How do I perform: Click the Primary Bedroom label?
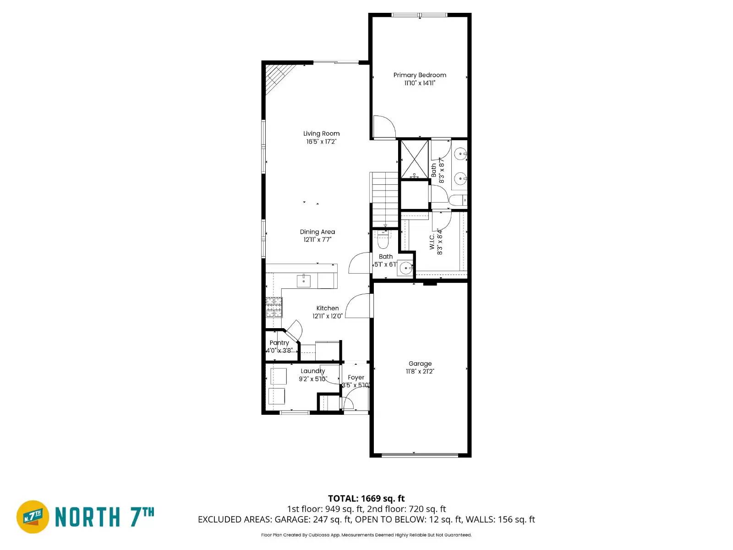click(x=419, y=75)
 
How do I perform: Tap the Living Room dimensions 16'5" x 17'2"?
click(x=321, y=142)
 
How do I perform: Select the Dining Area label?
click(x=317, y=232)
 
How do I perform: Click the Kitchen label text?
click(x=328, y=308)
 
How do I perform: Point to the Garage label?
click(x=420, y=363)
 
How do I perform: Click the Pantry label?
click(x=279, y=343)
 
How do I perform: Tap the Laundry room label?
click(x=312, y=371)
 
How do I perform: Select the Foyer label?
click(x=356, y=378)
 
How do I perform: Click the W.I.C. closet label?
click(x=432, y=242)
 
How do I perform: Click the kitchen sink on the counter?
click(x=303, y=280)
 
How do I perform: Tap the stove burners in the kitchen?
click(x=274, y=308)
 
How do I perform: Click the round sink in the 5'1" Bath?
click(x=405, y=268)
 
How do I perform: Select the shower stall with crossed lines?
click(x=414, y=159)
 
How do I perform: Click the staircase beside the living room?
click(x=385, y=199)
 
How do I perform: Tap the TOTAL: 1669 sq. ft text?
click(x=366, y=498)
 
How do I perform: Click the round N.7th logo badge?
click(x=33, y=517)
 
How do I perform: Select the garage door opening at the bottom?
click(x=420, y=455)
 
